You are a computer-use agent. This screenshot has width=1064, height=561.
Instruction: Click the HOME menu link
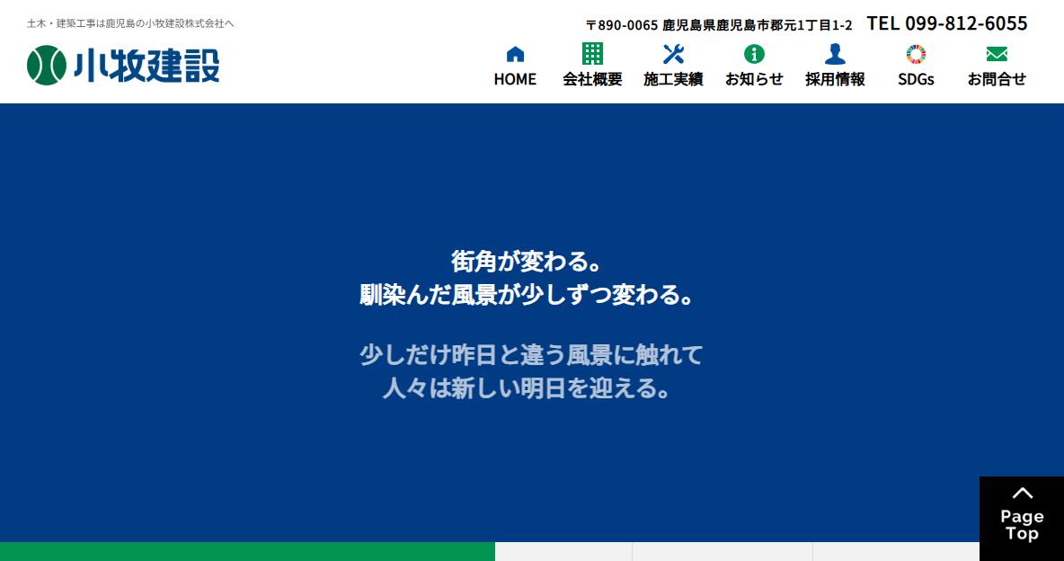click(515, 79)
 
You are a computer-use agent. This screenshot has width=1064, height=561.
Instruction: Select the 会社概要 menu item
click(592, 79)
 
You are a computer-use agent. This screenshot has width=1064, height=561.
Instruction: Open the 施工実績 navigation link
click(673, 79)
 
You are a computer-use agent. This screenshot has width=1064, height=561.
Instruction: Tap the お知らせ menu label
click(754, 79)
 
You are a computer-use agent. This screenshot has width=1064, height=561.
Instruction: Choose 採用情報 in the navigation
click(836, 79)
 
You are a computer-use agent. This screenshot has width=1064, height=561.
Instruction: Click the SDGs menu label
click(916, 79)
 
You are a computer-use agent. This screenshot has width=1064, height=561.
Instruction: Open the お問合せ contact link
click(997, 79)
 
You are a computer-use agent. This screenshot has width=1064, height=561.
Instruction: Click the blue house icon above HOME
click(516, 54)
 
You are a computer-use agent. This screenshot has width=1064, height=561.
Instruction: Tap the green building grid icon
click(592, 54)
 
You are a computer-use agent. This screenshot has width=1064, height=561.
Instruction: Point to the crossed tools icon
click(673, 54)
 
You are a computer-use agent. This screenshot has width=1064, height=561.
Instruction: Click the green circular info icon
click(754, 54)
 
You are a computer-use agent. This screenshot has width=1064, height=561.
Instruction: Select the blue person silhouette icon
click(836, 54)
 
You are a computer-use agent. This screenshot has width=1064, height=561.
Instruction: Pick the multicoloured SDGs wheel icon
click(916, 54)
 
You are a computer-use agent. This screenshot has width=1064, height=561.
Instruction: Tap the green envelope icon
click(997, 54)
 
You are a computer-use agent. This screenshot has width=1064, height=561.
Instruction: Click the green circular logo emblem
click(47, 66)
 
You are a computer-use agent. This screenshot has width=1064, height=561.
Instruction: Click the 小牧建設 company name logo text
click(146, 66)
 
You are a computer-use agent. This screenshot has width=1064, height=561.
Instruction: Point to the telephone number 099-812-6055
click(966, 23)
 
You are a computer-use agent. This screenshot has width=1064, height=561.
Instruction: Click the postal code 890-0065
click(627, 25)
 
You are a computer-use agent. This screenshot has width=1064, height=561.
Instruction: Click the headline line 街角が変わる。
click(527, 262)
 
